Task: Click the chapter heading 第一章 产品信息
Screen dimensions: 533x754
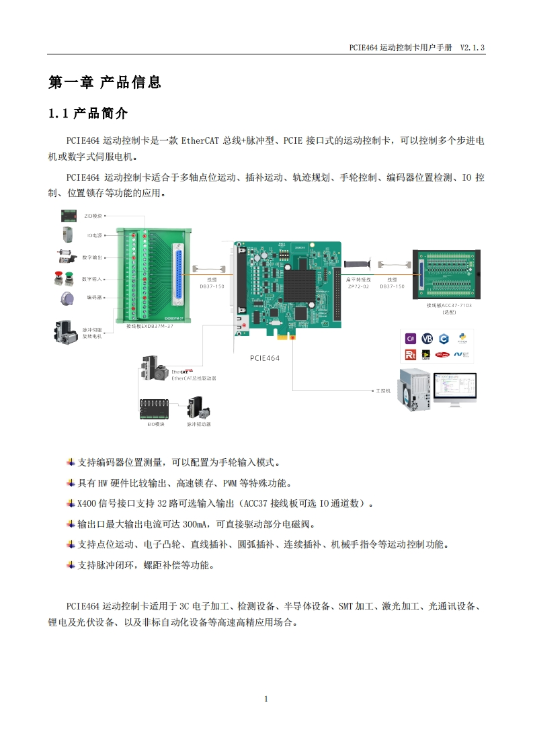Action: click(x=104, y=83)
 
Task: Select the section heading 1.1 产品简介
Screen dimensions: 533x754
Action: click(x=87, y=114)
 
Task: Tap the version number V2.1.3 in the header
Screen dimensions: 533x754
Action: click(x=472, y=48)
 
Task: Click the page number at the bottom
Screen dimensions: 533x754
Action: click(x=266, y=699)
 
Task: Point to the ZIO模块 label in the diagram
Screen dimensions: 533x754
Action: click(x=92, y=216)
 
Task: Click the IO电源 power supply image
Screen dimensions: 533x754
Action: click(x=66, y=236)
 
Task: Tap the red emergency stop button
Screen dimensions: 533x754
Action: click(x=60, y=278)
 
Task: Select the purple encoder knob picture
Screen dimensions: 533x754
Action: click(x=66, y=298)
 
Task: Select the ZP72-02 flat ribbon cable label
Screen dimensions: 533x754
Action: click(x=357, y=286)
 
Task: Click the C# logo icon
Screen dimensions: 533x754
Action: click(x=411, y=339)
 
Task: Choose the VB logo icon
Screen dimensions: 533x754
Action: click(x=427, y=339)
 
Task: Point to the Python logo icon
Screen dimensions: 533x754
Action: click(x=462, y=339)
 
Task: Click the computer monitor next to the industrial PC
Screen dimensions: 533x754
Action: click(x=454, y=389)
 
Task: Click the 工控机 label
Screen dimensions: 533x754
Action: click(x=384, y=390)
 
